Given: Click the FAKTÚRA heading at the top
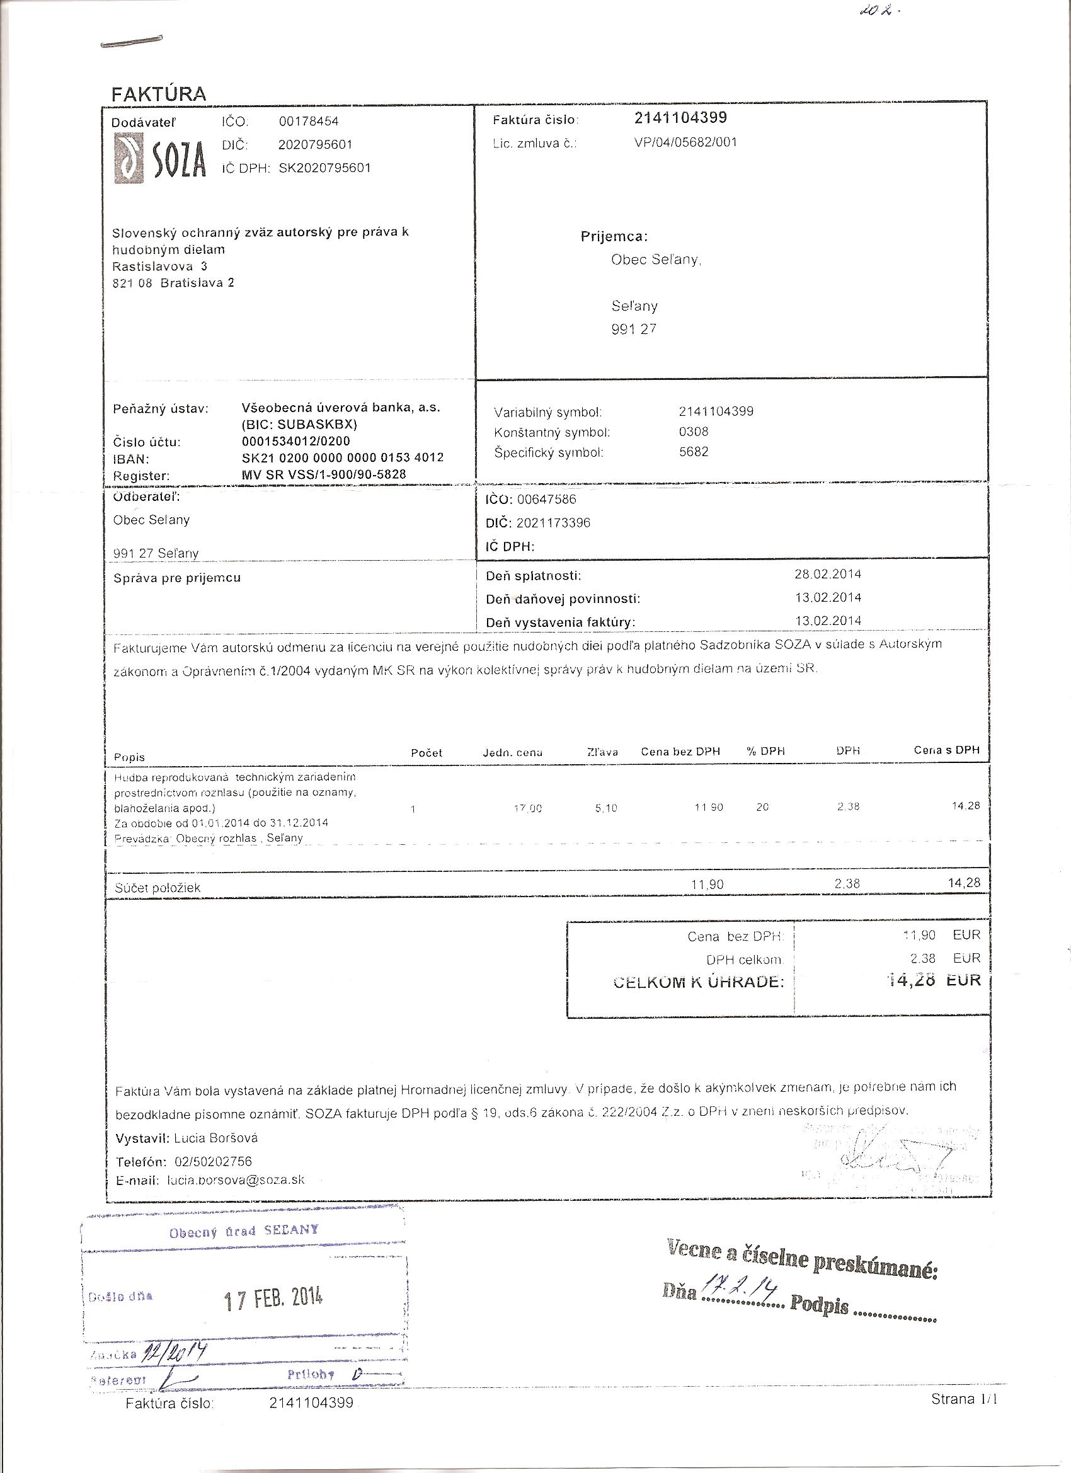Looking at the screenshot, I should [x=159, y=93].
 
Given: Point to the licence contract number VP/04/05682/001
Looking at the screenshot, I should [x=685, y=142].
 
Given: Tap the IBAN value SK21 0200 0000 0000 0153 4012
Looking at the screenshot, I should [x=342, y=457].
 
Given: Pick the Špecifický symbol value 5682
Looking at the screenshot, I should [x=694, y=452].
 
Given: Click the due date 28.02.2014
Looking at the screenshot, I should [x=827, y=574].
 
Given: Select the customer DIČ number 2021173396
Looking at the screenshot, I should [x=553, y=523].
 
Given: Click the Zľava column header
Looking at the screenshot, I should [x=602, y=752].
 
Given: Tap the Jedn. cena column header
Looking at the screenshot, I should [x=512, y=753].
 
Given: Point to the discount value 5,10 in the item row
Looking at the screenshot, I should [x=606, y=808].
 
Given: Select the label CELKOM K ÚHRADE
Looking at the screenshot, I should [x=698, y=982].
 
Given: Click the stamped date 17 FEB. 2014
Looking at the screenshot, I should [x=273, y=1299].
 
